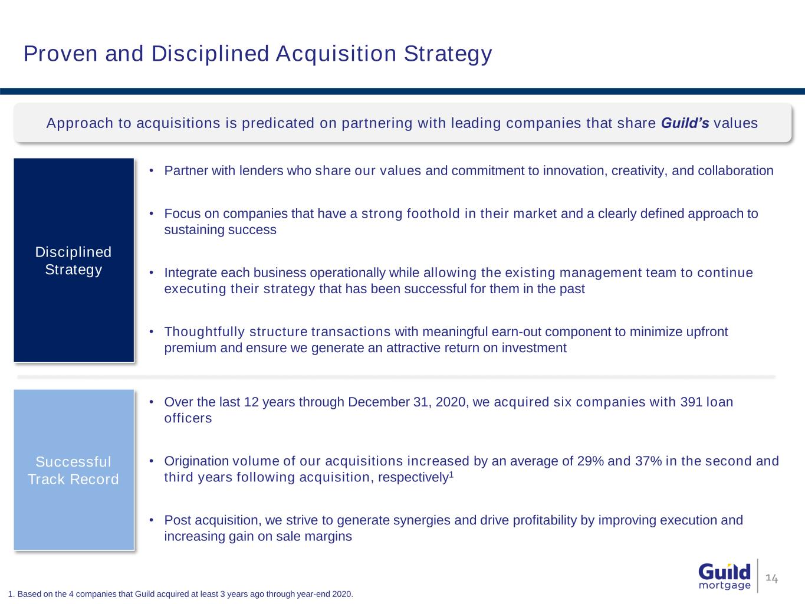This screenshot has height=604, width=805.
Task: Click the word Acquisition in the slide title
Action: click(x=336, y=54)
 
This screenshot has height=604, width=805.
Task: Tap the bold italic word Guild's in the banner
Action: click(x=685, y=123)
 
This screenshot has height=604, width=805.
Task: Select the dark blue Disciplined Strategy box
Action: click(x=74, y=260)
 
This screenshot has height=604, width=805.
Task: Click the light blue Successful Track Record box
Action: click(x=74, y=470)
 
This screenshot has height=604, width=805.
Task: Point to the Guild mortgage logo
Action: click(x=724, y=576)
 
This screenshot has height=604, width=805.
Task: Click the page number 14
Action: click(x=771, y=579)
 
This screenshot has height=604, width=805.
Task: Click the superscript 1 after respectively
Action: click(x=452, y=475)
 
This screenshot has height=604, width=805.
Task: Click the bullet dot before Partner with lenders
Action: click(x=151, y=170)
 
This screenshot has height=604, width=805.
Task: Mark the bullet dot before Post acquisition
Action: click(x=151, y=520)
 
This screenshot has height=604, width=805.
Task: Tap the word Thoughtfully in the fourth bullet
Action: click(x=204, y=332)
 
